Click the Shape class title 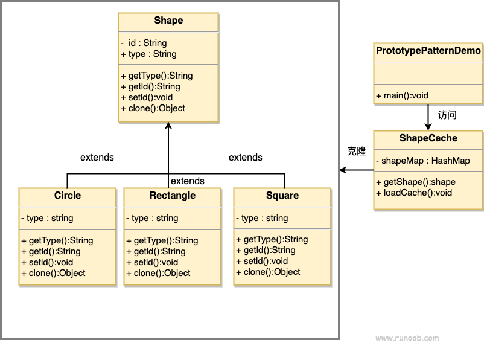[168, 21]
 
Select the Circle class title [67, 196]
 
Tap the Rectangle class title [173, 196]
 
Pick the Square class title [282, 196]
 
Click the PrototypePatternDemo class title [428, 51]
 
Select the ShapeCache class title [428, 138]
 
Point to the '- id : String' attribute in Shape [144, 43]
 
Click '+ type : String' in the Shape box [148, 54]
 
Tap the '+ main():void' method [402, 95]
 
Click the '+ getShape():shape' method [415, 182]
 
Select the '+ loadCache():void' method [413, 193]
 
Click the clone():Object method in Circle [53, 273]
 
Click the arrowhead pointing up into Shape [168, 126]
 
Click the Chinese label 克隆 [357, 152]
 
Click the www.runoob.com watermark [407, 339]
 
